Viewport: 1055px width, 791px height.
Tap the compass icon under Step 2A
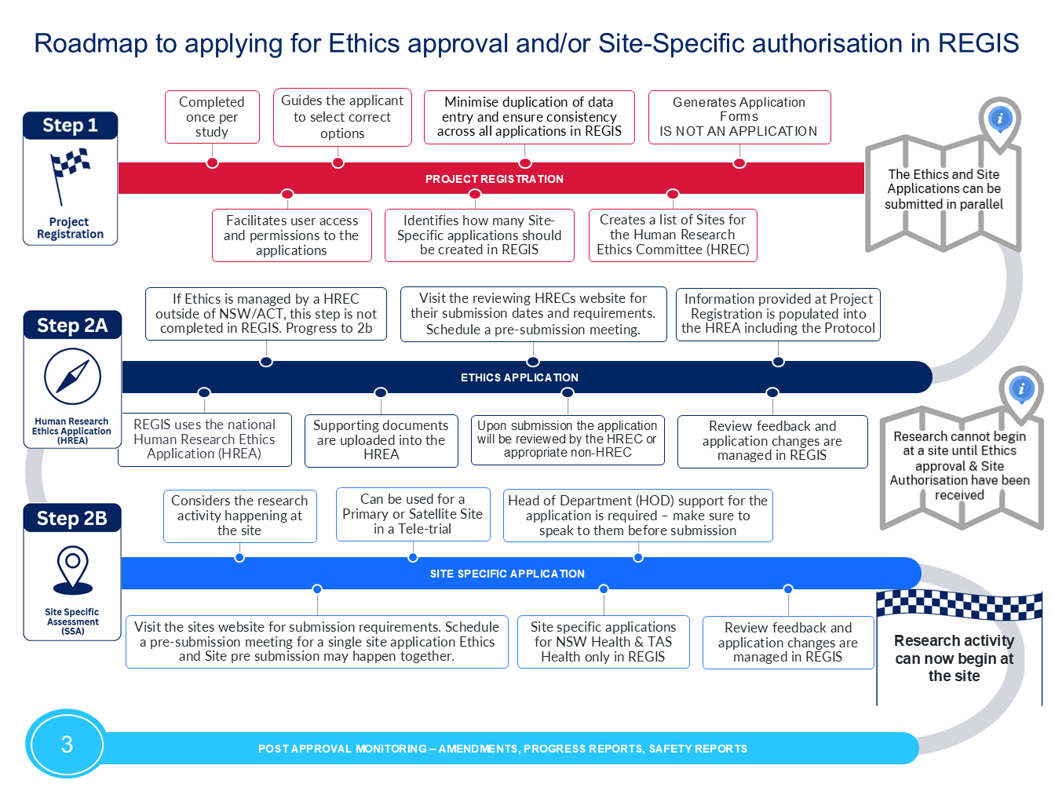tap(72, 377)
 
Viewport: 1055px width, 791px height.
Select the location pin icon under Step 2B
tap(72, 570)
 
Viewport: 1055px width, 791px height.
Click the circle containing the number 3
tap(67, 745)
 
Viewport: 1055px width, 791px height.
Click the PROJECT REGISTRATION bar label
tap(494, 179)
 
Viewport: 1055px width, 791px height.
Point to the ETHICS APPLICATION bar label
tap(519, 377)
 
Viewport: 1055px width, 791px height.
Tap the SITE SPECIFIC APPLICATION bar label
tap(507, 574)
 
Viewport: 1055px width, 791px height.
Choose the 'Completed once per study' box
tap(212, 117)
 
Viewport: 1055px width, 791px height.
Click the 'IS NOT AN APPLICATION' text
tap(738, 131)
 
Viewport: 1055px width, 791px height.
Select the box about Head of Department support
tap(638, 516)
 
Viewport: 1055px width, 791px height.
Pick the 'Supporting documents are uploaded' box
tap(381, 440)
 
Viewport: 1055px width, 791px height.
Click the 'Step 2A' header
tap(72, 325)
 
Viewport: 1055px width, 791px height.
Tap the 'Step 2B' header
tap(72, 518)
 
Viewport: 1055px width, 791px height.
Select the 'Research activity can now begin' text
tap(954, 658)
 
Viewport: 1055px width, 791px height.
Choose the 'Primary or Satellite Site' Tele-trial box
tap(413, 514)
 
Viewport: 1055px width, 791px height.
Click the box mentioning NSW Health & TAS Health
tap(603, 642)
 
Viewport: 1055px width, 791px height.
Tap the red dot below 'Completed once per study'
tap(212, 162)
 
